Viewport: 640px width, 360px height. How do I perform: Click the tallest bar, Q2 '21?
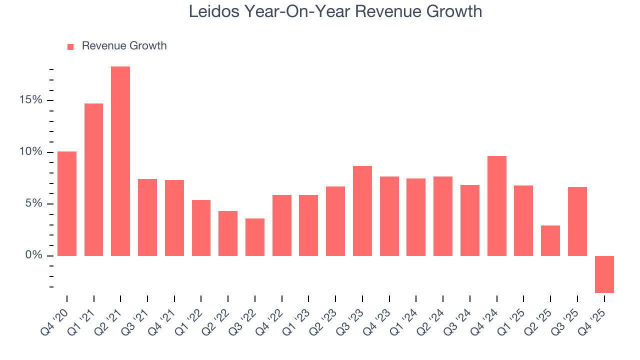click(x=120, y=161)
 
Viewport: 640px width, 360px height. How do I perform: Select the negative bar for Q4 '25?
click(x=604, y=274)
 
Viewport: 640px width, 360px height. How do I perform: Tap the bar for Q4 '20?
click(x=67, y=203)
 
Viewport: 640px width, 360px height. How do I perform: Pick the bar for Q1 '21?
click(x=93, y=179)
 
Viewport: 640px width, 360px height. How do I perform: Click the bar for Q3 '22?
click(x=255, y=237)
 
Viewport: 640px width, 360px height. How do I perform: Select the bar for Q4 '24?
click(x=496, y=206)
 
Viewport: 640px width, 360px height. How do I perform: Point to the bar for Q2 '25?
click(x=550, y=240)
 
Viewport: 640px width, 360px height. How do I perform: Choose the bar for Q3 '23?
click(x=362, y=211)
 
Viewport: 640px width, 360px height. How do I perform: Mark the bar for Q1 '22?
click(x=201, y=228)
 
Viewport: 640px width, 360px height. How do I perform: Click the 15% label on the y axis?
click(x=31, y=100)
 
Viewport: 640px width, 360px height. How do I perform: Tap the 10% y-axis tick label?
click(x=31, y=152)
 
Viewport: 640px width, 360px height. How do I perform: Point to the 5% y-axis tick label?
click(x=34, y=204)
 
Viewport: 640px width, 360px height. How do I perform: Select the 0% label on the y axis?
click(x=34, y=255)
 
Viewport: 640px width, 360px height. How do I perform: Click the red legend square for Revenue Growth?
click(x=70, y=46)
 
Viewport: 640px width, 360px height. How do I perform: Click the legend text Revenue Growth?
click(x=124, y=46)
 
